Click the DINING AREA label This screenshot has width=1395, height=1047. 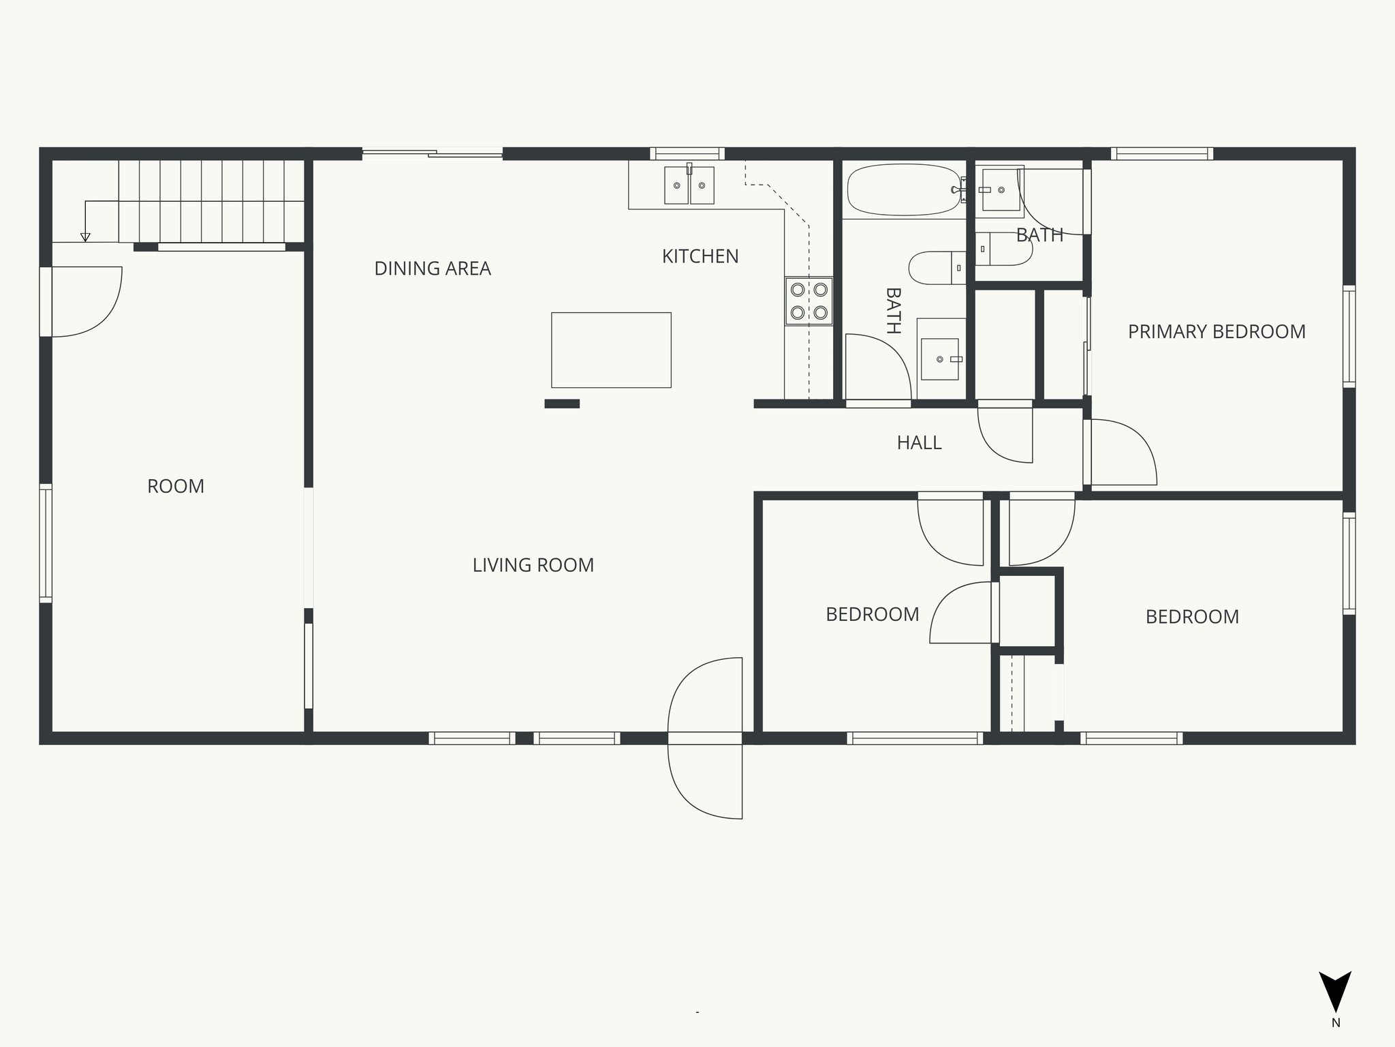(x=433, y=269)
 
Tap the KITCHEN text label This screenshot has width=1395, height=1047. (x=700, y=256)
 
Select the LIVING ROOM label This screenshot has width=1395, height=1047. (x=533, y=565)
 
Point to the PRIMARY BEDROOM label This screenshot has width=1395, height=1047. (x=1217, y=332)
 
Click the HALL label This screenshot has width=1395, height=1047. (x=919, y=443)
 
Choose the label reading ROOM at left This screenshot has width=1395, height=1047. (x=176, y=487)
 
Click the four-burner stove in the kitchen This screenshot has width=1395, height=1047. (x=809, y=301)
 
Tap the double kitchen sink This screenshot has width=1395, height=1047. (x=689, y=185)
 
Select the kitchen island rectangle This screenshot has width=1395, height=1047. (x=611, y=350)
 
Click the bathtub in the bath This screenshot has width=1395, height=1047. (x=903, y=189)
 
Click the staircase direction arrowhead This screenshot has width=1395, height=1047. (x=85, y=237)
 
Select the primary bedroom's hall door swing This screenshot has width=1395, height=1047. (x=1120, y=453)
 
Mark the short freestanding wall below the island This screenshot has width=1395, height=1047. (x=562, y=404)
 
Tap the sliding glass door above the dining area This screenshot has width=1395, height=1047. (x=432, y=154)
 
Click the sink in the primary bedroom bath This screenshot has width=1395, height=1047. (x=999, y=189)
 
